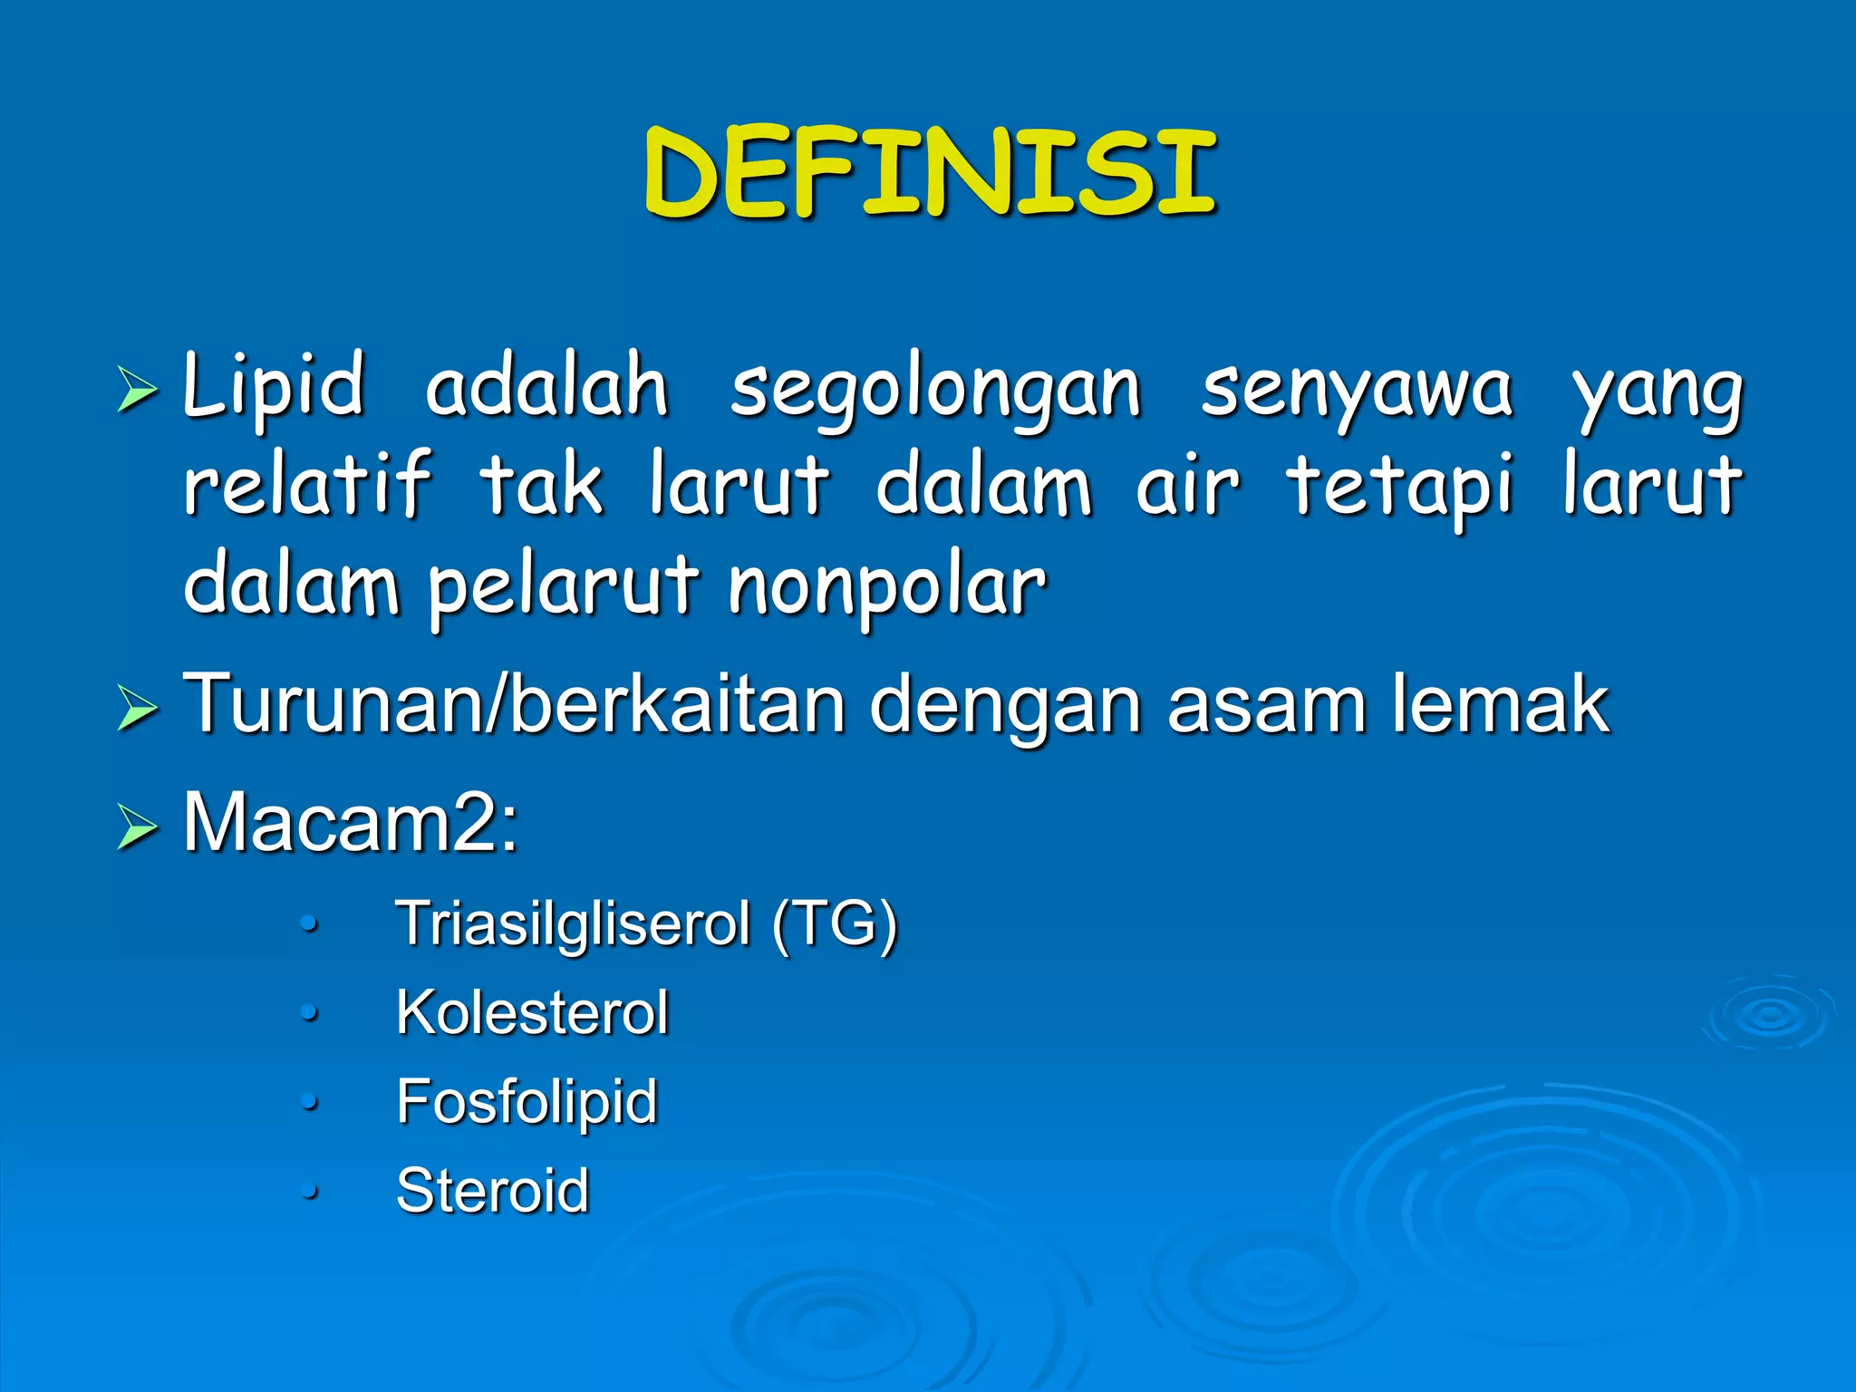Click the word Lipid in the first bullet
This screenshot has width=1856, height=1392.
pyautogui.click(x=274, y=386)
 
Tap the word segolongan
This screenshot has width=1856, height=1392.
pyautogui.click(x=935, y=390)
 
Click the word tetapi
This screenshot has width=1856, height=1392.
pyautogui.click(x=1400, y=487)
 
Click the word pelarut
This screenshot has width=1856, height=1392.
pyautogui.click(x=562, y=586)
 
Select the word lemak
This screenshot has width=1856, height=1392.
pyautogui.click(x=1500, y=704)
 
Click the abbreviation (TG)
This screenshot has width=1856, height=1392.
pyautogui.click(x=835, y=924)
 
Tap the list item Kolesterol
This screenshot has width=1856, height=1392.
pyautogui.click(x=533, y=1012)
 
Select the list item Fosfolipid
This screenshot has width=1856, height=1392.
pyautogui.click(x=527, y=1101)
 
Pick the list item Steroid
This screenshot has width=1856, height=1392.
pyautogui.click(x=493, y=1190)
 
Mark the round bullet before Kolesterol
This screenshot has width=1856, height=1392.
pyautogui.click(x=310, y=1012)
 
